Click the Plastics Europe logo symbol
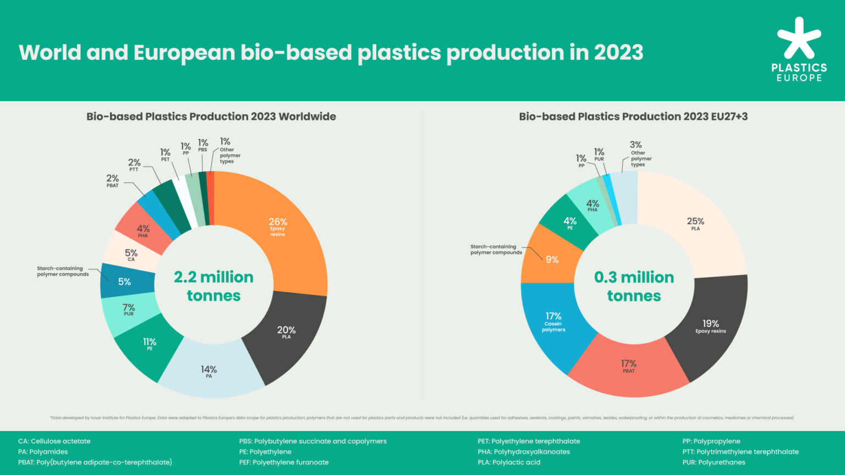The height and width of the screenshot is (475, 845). pos(799,38)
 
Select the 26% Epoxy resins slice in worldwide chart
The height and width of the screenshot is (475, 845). pos(278,227)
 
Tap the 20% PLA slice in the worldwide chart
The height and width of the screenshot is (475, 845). pos(286,333)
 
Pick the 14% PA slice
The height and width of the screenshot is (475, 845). pos(209,372)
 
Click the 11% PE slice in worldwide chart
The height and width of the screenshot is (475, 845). pos(150,344)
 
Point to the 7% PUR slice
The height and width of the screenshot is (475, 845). pos(129,310)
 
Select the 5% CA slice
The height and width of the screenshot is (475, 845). pos(130,255)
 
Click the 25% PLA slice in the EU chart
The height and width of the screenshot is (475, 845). pos(695,224)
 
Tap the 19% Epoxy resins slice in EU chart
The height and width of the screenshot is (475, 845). pos(710,327)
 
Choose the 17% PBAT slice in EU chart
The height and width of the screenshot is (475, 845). pos(629,366)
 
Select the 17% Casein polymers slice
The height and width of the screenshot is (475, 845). pos(553,322)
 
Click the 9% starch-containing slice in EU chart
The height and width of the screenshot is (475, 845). pos(552,259)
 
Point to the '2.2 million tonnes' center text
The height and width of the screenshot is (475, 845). pos(213,286)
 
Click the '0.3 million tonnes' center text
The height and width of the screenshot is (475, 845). pos(634,286)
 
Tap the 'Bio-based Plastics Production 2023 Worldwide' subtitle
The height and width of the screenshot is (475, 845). pos(211,117)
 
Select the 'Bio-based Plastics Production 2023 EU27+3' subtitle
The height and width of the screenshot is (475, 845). pos(633,117)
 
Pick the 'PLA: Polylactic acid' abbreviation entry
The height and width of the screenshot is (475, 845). pos(509,462)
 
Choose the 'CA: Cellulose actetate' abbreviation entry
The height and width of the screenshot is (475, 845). pos(54,441)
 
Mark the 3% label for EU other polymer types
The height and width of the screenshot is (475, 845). pos(635,145)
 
